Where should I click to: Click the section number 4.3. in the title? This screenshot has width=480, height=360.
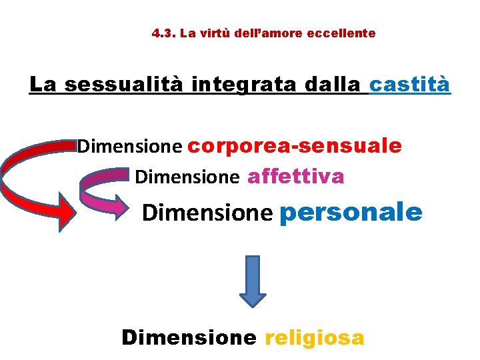point(163,33)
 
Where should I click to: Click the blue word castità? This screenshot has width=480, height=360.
point(409,85)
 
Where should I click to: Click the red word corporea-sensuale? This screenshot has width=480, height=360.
point(295,145)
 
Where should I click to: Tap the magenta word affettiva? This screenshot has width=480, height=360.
point(295,176)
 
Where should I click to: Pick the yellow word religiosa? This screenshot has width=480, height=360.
point(315,337)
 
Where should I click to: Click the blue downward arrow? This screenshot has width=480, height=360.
point(253,281)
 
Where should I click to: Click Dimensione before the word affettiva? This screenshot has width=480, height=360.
point(187,177)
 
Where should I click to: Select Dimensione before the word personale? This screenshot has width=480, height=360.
point(207,213)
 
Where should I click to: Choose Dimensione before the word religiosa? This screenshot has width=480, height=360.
point(189,337)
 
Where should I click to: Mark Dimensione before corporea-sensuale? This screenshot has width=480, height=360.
point(129,146)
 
